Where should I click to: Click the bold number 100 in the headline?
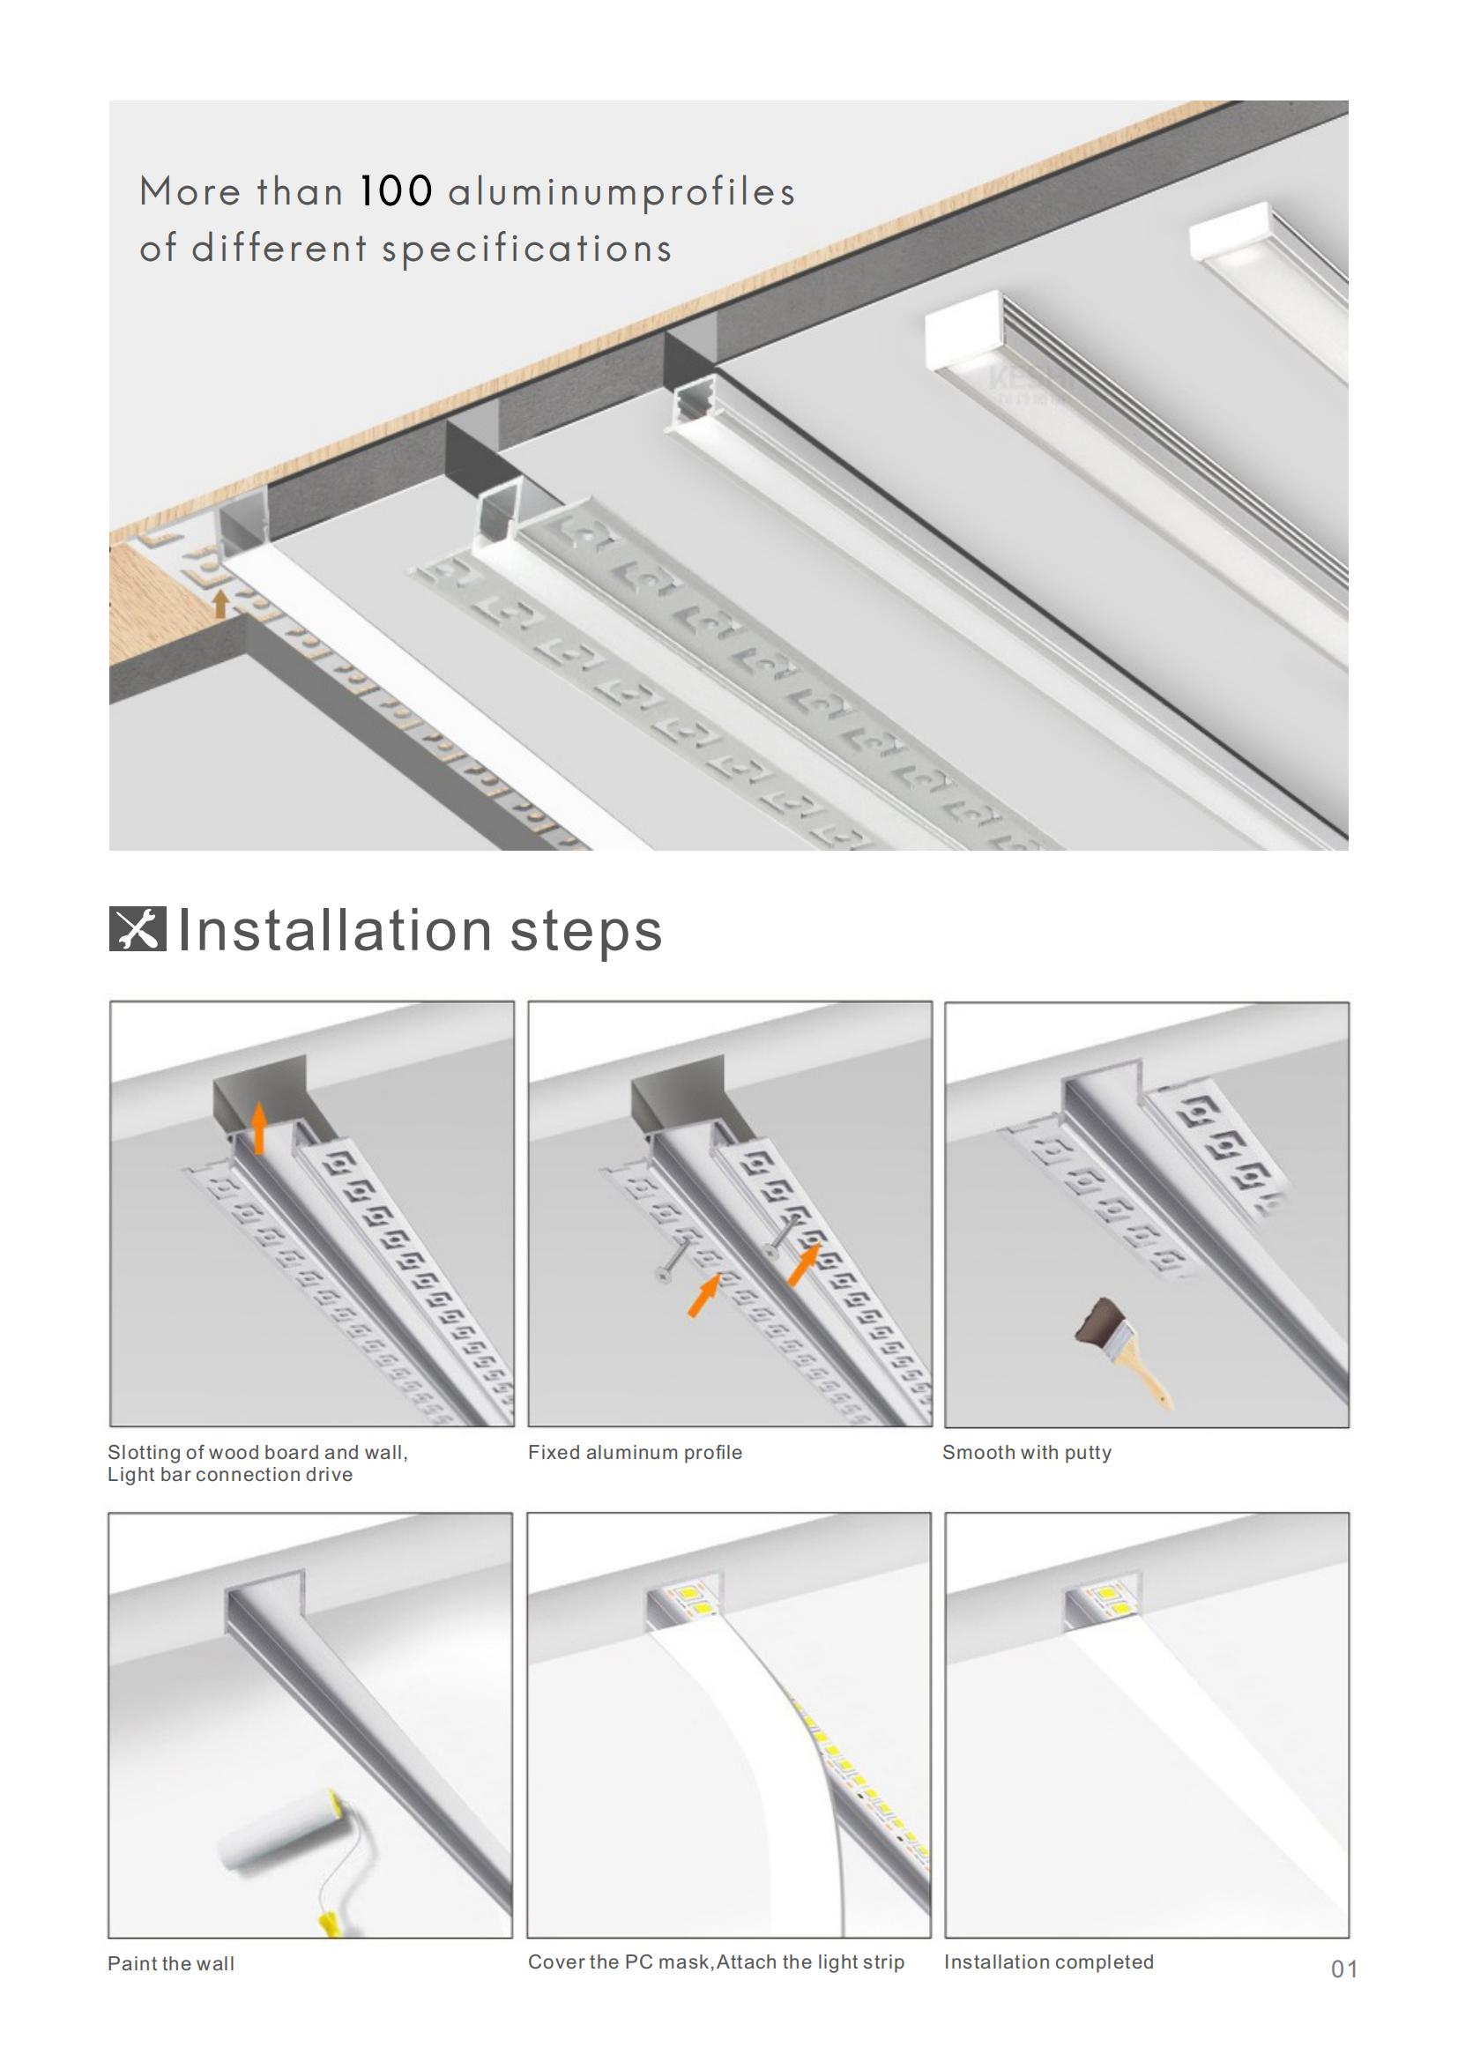click(x=396, y=191)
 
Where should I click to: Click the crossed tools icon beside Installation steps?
click(x=138, y=928)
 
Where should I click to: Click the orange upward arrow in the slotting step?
click(x=258, y=1129)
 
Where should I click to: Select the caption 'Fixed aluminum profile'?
click(x=635, y=1452)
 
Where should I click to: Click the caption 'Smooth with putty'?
click(x=1027, y=1452)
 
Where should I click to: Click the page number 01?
click(x=1344, y=1969)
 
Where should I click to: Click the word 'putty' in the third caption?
click(x=1088, y=1453)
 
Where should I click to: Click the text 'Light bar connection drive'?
click(x=230, y=1475)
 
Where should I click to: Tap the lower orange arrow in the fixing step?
click(x=703, y=1296)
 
